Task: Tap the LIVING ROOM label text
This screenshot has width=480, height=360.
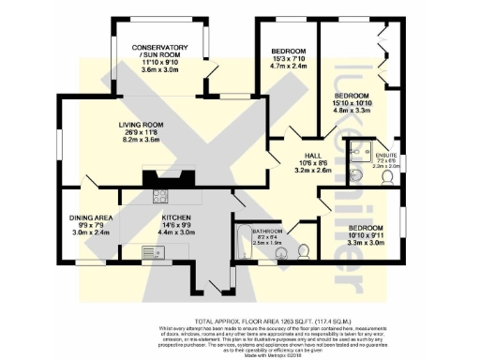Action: click(x=141, y=125)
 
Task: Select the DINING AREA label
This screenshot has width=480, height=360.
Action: click(x=91, y=218)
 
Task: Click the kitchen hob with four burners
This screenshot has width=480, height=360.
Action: click(x=160, y=197)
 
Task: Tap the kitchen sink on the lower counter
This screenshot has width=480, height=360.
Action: click(x=150, y=250)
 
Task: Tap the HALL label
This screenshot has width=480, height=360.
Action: click(x=313, y=156)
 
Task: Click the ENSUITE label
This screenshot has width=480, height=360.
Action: click(x=385, y=155)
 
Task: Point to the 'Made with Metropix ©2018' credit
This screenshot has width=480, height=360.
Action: click(x=240, y=327)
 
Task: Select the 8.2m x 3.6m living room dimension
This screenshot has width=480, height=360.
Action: click(x=141, y=140)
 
